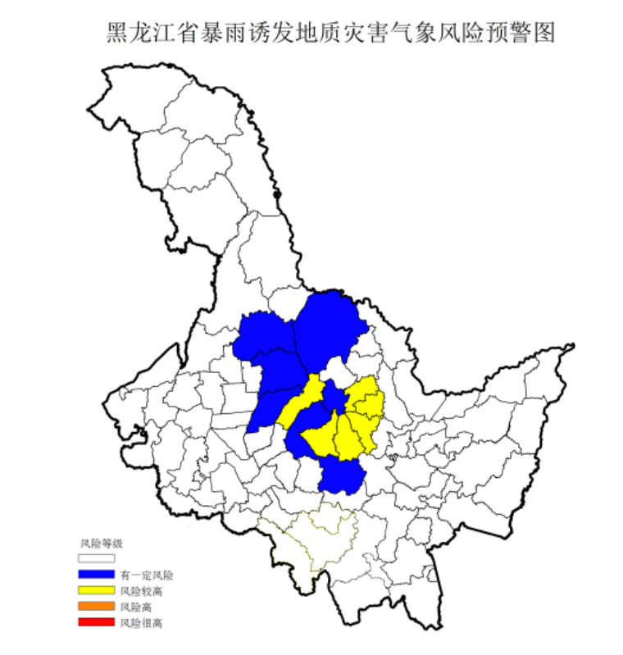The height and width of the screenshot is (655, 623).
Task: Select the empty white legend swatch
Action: click(97, 557)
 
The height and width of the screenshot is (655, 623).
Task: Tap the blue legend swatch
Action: click(97, 574)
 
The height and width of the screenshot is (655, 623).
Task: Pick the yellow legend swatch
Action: click(97, 590)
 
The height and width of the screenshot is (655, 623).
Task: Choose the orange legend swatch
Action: click(97, 607)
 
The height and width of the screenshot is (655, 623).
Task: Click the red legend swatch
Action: click(97, 623)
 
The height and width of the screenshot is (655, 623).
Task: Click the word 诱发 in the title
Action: click(272, 34)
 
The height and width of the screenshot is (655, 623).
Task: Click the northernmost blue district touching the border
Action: click(328, 324)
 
